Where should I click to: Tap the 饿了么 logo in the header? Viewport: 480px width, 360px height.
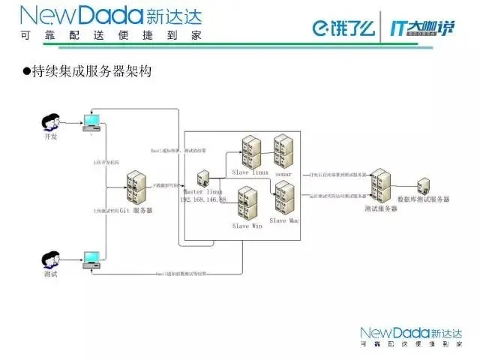coord(342,28)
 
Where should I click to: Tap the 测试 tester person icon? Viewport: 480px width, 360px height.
coord(52,259)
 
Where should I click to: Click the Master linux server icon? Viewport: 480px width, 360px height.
coord(202,181)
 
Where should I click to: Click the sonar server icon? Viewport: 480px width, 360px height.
coord(283,152)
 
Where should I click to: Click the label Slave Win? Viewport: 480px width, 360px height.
coord(247,226)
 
